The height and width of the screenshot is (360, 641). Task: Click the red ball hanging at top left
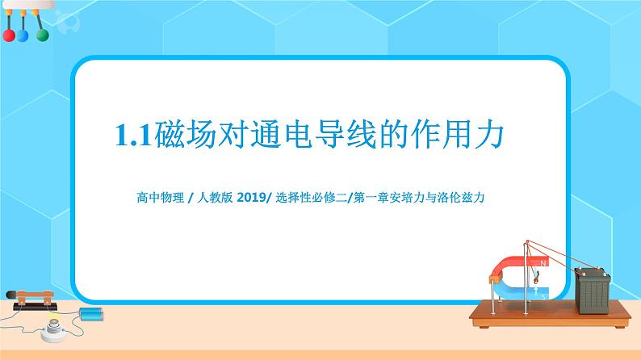coord(9,36)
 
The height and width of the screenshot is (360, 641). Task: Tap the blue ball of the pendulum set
coord(23,36)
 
